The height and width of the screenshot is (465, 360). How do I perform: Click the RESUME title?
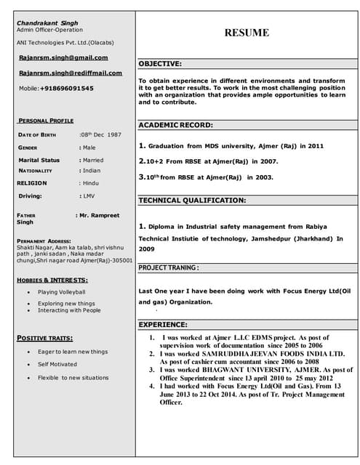[x=246, y=33]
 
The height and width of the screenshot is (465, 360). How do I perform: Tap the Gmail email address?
[x=63, y=57]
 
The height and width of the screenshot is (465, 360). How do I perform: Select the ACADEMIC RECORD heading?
[x=175, y=125]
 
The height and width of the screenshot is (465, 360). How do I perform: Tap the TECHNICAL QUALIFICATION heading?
[x=192, y=200]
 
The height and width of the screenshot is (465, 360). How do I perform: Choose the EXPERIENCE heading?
[x=162, y=325]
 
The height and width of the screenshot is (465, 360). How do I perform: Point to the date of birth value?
[x=102, y=135]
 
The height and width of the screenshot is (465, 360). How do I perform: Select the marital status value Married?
[x=92, y=160]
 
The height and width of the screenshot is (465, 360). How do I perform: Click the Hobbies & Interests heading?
[x=52, y=280]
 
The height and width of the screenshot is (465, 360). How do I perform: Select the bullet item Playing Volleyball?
[x=62, y=292]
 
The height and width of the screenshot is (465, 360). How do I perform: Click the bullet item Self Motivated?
[x=57, y=364]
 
